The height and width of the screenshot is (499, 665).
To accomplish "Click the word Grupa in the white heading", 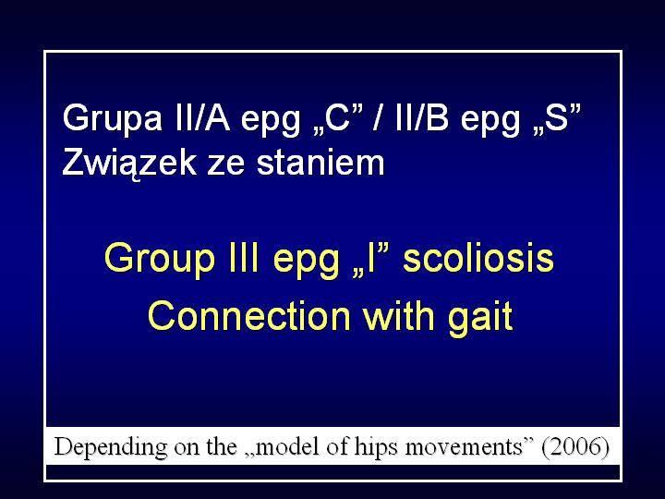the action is point(112,119).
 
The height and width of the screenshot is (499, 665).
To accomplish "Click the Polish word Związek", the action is point(129,164).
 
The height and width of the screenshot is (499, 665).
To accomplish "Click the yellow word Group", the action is point(160,260).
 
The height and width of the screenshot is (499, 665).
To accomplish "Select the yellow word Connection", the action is point(249,316).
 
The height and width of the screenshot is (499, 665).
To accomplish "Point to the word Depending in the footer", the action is point(111,448).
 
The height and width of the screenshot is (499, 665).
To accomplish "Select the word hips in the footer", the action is point(377,448).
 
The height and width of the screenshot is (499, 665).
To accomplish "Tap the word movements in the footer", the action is point(464,447).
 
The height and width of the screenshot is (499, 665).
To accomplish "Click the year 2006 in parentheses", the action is point(575,447).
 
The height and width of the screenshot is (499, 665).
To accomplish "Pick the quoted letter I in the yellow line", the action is point(371,260).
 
